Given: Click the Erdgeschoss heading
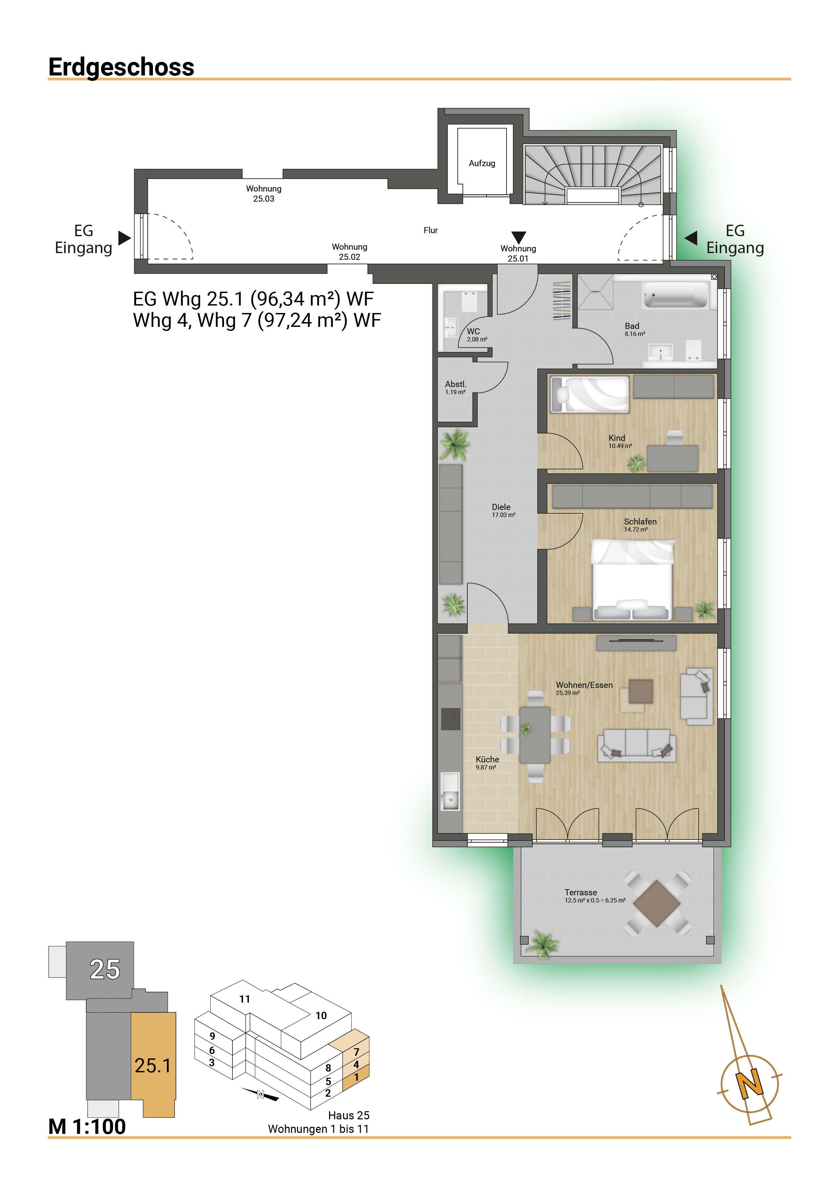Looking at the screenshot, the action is pos(121,67).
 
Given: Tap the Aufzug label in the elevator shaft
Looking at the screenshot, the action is pos(482,163).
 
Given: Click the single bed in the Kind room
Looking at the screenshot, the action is pos(590,395).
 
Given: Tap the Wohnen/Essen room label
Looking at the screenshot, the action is pos(584,688).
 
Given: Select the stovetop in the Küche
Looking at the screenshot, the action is pos(450,719).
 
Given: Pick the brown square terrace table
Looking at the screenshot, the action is pos(657,903).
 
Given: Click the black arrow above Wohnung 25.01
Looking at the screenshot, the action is pos(519,237).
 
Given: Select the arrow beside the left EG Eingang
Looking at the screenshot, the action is pos(124,238).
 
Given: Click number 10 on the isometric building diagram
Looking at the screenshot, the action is pos(321,1016).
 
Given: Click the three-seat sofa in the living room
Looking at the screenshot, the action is pos(636,745).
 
